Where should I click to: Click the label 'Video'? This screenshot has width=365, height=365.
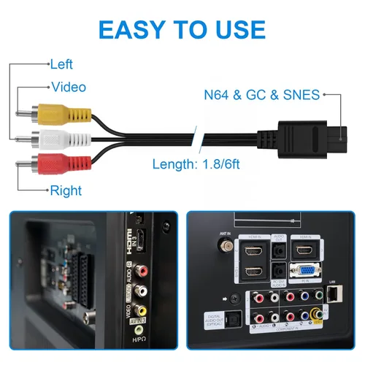coord(67,87)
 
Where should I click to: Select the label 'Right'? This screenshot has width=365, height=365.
coord(65,191)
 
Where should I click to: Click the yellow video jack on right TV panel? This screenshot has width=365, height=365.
coord(316,315)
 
